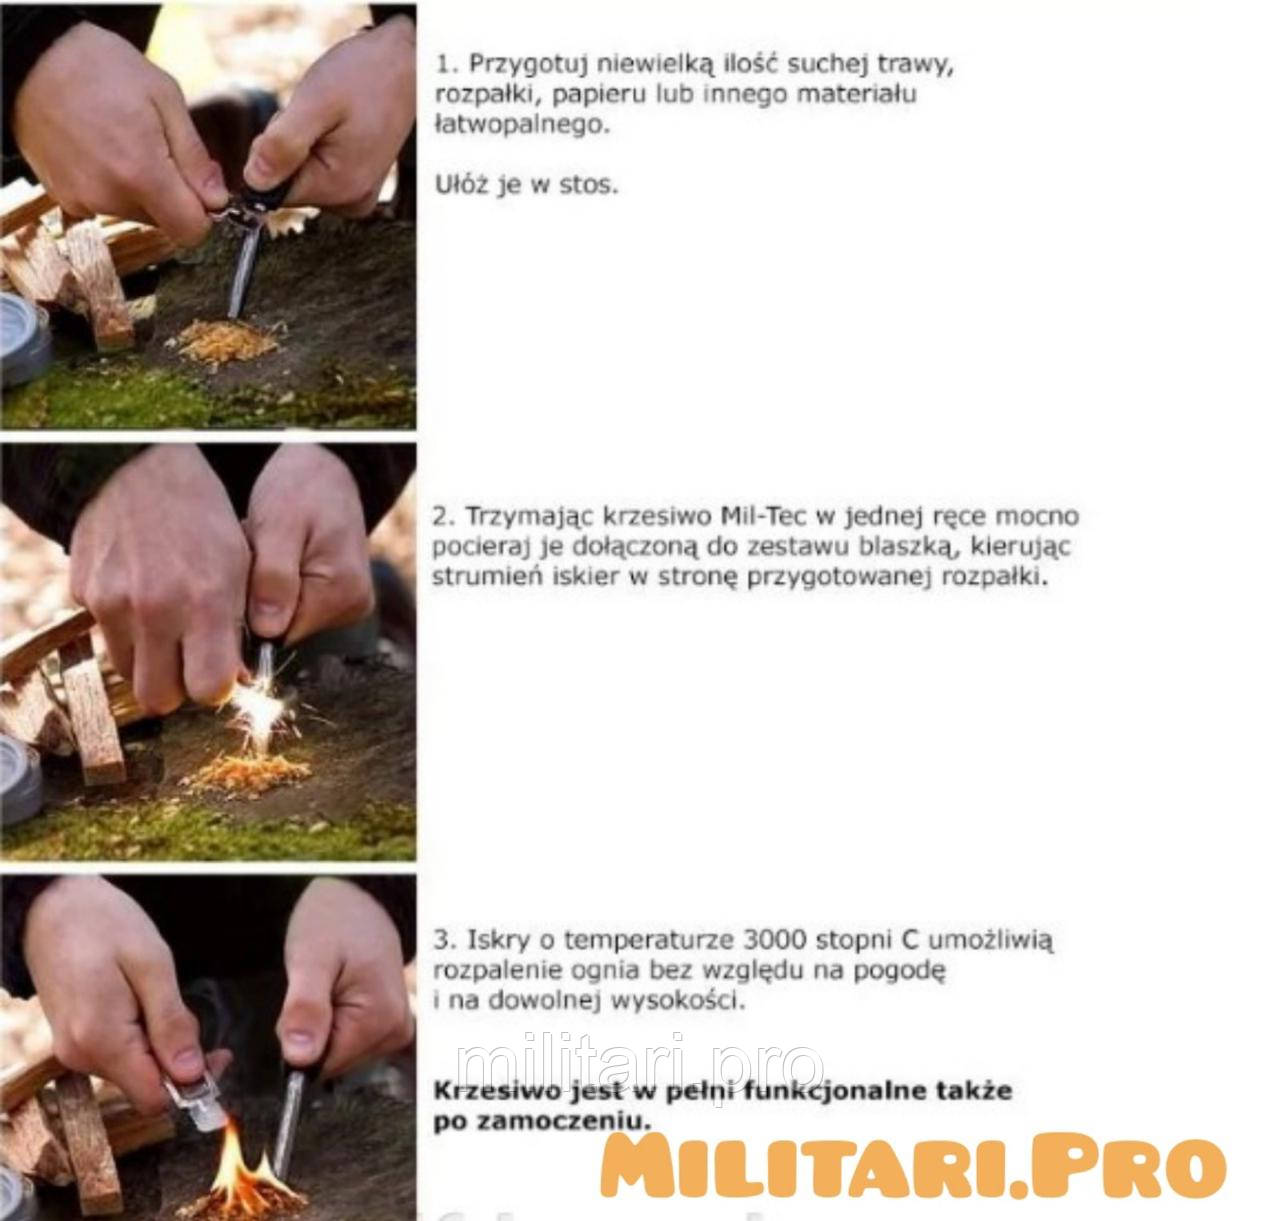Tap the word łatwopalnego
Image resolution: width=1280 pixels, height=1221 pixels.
pos(522,124)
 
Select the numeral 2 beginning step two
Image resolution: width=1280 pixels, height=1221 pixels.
pos(441,516)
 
